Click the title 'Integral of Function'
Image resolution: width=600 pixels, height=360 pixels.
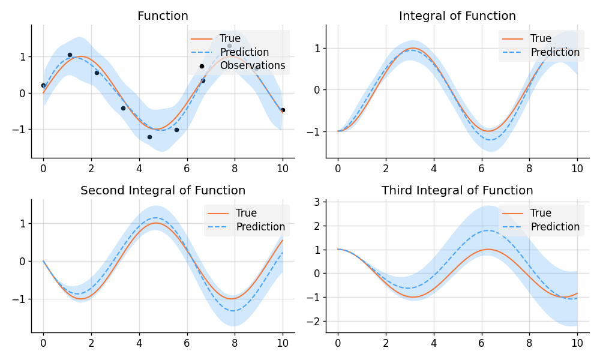[457, 16]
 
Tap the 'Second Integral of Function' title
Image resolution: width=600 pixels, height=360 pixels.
[163, 191]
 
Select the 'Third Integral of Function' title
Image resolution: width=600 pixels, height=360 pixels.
[457, 191]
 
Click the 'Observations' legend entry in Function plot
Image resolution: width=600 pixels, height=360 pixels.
[253, 65]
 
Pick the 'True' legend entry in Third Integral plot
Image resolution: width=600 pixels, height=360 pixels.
[541, 213]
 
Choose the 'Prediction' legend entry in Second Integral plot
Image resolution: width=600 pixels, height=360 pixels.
[260, 227]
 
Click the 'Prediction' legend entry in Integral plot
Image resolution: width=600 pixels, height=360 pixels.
[555, 52]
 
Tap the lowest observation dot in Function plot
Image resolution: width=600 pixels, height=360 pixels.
[149, 137]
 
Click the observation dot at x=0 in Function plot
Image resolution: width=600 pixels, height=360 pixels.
[43, 85]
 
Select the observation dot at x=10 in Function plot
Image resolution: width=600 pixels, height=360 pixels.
[283, 110]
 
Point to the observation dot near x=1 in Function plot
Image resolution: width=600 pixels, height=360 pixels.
[70, 55]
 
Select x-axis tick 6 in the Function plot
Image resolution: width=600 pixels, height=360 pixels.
[187, 169]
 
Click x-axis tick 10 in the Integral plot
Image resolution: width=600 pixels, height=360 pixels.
[577, 169]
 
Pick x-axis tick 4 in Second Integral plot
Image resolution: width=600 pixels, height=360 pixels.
[139, 344]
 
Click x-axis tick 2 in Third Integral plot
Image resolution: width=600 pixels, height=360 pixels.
[385, 344]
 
